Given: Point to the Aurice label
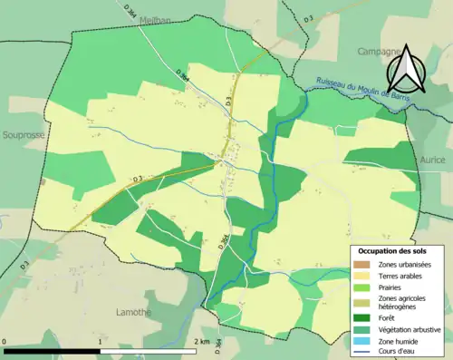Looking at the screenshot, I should tap(432, 159).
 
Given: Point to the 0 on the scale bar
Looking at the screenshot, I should tap(5, 342).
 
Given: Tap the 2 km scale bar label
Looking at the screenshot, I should tap(201, 342).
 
